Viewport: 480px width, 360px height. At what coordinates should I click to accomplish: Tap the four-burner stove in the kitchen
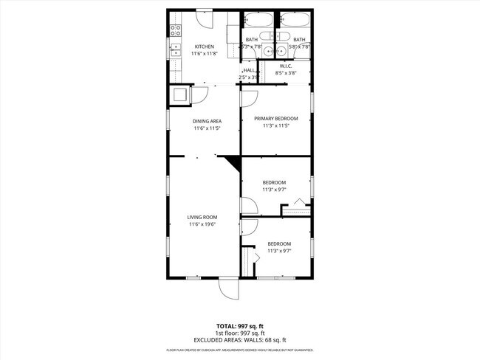(x=176, y=31)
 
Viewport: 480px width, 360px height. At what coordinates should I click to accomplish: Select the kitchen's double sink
(x=176, y=50)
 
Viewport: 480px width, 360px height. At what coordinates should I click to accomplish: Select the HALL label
(x=249, y=70)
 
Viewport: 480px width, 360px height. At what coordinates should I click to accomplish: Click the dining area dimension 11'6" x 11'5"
(x=208, y=128)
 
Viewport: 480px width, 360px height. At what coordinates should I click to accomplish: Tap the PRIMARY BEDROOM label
(x=275, y=118)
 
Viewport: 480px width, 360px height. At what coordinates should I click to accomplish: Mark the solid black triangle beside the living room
(x=234, y=162)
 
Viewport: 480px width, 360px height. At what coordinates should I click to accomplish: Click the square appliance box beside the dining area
(x=179, y=94)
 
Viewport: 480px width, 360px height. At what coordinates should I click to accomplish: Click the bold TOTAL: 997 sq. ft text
(x=239, y=325)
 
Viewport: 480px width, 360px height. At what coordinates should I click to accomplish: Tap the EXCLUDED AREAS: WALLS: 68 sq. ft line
(x=239, y=339)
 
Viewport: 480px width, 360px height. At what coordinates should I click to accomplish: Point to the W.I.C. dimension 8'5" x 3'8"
(x=286, y=72)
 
